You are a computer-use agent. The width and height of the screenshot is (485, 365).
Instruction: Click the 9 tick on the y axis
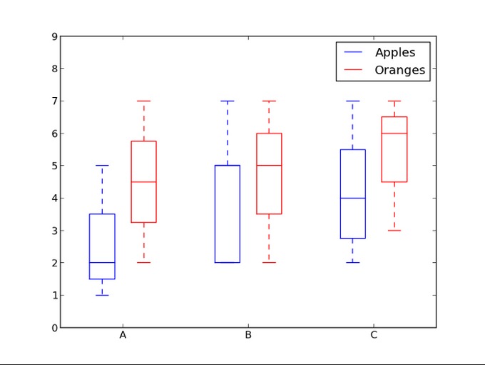click(x=54, y=36)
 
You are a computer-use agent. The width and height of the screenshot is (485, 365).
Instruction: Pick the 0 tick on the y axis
click(x=54, y=328)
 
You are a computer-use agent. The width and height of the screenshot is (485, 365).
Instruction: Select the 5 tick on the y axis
click(x=54, y=166)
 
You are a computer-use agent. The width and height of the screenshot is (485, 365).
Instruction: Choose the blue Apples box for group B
click(x=228, y=214)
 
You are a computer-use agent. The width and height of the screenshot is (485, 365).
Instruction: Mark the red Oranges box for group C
click(x=394, y=149)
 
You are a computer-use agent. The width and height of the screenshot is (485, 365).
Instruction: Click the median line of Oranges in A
click(x=143, y=182)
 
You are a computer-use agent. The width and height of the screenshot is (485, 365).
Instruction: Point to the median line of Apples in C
click(x=352, y=198)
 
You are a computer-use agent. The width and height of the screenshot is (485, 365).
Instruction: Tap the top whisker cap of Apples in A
click(x=102, y=166)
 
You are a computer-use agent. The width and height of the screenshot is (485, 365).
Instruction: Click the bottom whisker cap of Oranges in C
click(x=394, y=230)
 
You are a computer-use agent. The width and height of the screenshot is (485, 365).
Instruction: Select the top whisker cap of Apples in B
click(x=228, y=101)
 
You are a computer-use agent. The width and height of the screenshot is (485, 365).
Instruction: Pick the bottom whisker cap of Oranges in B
click(x=269, y=263)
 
